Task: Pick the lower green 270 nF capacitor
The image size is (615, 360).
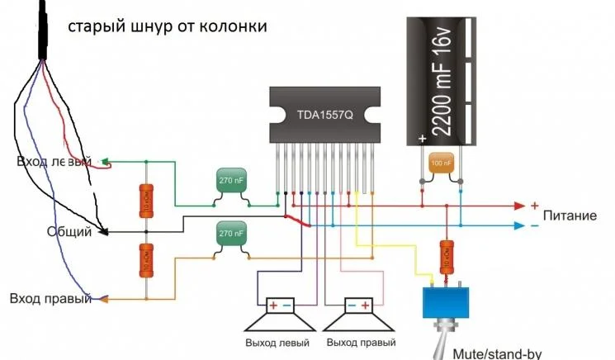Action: pos(231,235)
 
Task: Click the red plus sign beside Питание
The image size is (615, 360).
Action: pos(534,205)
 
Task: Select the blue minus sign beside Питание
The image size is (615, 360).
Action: pos(534,225)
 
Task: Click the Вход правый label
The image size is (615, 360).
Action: pos(50,298)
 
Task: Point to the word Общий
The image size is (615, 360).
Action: pos(69,232)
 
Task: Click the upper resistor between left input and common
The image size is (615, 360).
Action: pos(145,201)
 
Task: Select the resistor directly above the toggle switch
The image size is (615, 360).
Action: pos(447,257)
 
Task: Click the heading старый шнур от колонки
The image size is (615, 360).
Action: pos(168,27)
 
